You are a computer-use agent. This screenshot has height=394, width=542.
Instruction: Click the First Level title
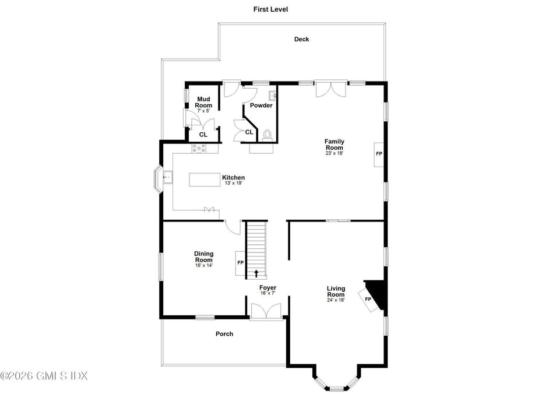[270, 9]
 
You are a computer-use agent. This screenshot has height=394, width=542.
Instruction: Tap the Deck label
[301, 40]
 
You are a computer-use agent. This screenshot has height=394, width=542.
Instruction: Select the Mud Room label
[203, 102]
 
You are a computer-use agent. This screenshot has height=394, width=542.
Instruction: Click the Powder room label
[261, 105]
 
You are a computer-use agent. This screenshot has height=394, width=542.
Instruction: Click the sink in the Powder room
[272, 95]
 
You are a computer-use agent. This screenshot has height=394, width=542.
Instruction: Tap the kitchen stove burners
[199, 149]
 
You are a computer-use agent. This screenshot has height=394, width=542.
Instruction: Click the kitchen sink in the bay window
[168, 176]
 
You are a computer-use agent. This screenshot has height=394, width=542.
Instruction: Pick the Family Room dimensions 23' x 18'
[335, 153]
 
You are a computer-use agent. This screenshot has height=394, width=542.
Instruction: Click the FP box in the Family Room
[379, 154]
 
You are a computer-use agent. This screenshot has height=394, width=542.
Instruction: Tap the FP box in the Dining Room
[240, 263]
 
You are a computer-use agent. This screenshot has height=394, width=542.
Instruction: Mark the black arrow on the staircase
[256, 273]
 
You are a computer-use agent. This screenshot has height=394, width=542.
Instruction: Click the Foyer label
[268, 288]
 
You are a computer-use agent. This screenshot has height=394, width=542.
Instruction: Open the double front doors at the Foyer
[266, 311]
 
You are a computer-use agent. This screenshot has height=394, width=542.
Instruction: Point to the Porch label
[224, 334]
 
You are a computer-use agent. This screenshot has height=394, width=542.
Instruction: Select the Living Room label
[336, 291]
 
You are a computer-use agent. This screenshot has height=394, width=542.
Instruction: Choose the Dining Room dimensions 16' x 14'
[204, 266]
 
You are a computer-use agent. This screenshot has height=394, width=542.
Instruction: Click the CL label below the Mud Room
[203, 135]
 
